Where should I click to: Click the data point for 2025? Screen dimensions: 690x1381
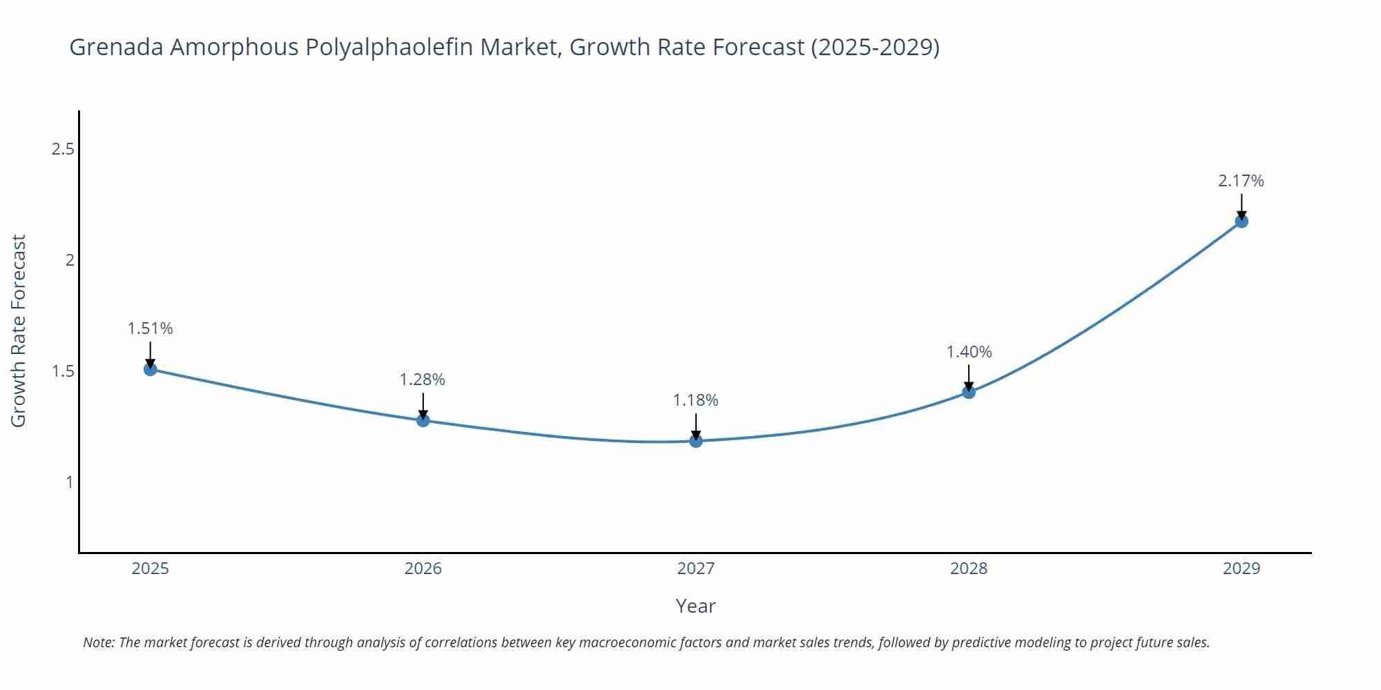150,369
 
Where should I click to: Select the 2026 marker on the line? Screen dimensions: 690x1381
423,420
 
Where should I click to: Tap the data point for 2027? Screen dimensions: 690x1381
696,441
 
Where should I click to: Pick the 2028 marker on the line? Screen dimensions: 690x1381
969,392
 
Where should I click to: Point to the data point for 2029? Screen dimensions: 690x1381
1242,221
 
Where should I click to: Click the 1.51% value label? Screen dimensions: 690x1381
150,328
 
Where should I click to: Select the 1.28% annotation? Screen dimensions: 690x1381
423,379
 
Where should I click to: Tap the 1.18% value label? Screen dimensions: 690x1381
696,400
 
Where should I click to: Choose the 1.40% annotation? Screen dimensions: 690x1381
969,352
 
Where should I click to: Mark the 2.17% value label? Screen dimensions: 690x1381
1241,181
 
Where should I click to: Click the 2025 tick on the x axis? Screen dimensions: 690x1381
150,569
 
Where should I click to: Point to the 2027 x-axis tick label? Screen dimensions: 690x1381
696,569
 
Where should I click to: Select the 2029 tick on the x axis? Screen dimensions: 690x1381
1242,569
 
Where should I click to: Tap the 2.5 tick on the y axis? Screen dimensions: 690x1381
63,149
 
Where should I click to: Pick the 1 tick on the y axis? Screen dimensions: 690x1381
69,482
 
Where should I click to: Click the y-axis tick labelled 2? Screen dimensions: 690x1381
69,260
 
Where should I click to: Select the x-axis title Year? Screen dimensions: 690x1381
695,606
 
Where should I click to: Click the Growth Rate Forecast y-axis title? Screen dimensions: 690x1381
19,331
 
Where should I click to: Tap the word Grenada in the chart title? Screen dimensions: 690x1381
117,48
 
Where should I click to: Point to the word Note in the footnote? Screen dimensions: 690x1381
98,642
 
